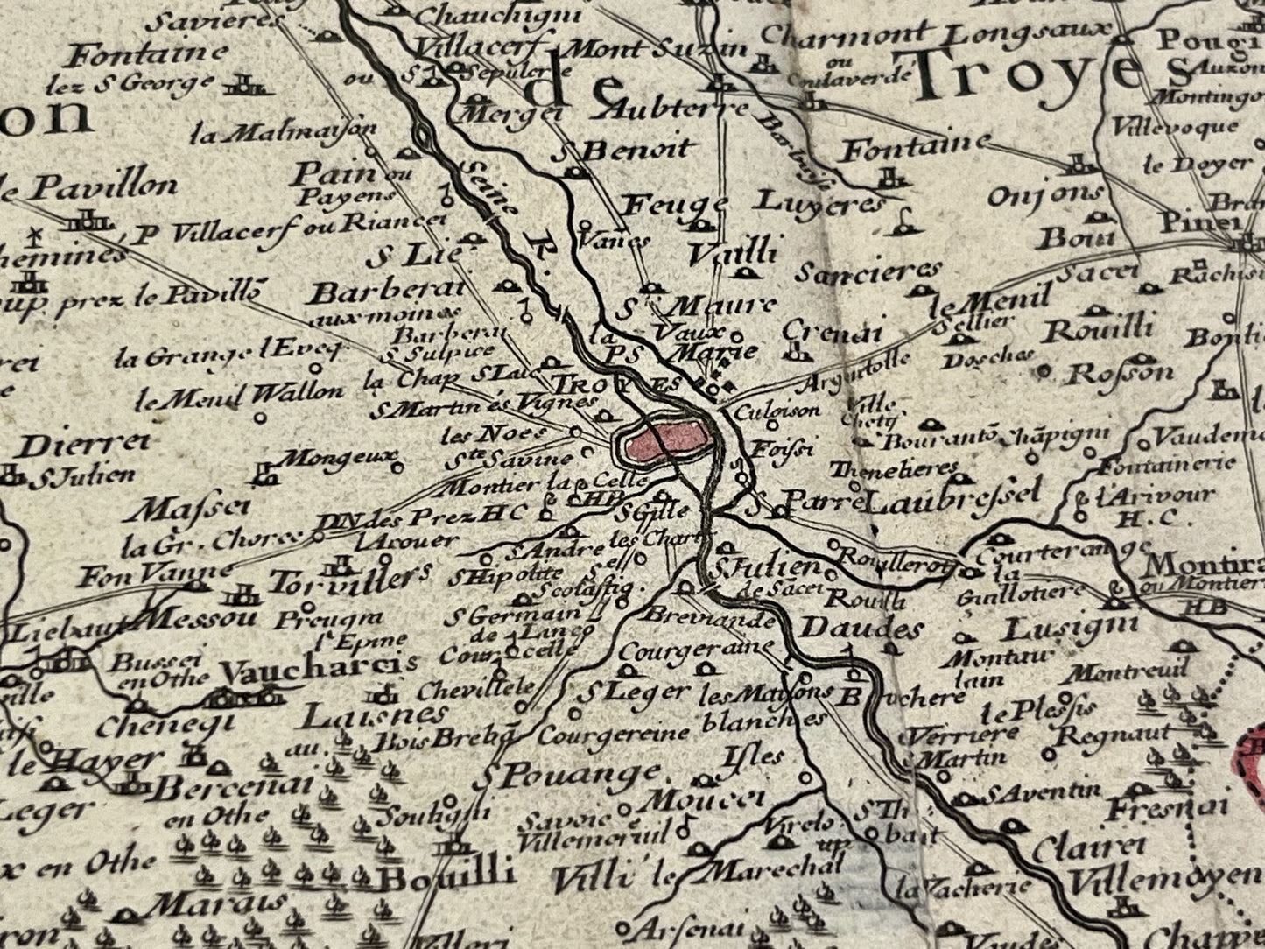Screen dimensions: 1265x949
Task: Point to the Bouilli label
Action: coord(446,876)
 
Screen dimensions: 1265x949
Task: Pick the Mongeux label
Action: coord(341,457)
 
